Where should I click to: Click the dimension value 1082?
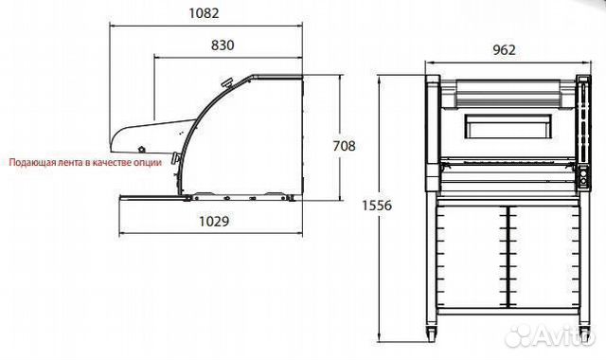tap(204, 13)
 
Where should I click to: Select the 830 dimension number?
tap(223, 45)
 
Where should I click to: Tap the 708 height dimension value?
tap(344, 146)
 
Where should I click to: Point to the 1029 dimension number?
tap(214, 221)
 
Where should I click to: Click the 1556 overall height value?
tap(377, 206)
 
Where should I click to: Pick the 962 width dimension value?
tap(504, 50)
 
